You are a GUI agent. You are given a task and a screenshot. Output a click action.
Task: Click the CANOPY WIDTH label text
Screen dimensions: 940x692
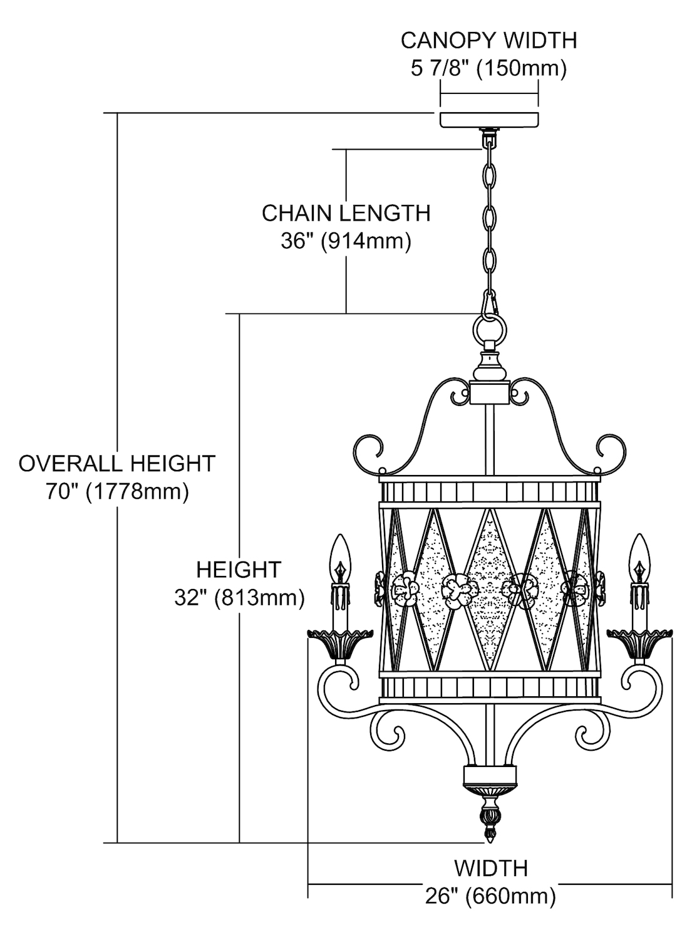pyautogui.click(x=488, y=40)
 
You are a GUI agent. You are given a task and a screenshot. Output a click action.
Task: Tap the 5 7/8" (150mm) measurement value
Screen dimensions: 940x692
pyautogui.click(x=488, y=68)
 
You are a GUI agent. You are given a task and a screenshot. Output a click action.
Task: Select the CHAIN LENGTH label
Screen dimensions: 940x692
pyautogui.click(x=346, y=213)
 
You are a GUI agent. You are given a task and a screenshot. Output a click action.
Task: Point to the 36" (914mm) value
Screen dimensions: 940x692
pyautogui.click(x=346, y=241)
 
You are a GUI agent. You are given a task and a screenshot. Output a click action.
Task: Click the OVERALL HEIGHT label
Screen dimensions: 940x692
pyautogui.click(x=117, y=464)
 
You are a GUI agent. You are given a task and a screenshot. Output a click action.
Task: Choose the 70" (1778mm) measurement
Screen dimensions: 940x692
pyautogui.click(x=117, y=491)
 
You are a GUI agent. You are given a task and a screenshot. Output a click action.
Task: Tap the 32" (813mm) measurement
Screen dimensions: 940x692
pyautogui.click(x=239, y=598)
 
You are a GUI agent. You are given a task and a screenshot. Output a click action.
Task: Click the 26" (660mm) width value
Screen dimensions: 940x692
pyautogui.click(x=490, y=896)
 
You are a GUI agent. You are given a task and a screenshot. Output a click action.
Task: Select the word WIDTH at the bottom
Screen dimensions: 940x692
pyautogui.click(x=490, y=869)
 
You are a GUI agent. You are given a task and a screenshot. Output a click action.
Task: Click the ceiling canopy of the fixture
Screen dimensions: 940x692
pyautogui.click(x=489, y=120)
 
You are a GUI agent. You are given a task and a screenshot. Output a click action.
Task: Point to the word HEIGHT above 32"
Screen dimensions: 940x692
pyautogui.click(x=239, y=570)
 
